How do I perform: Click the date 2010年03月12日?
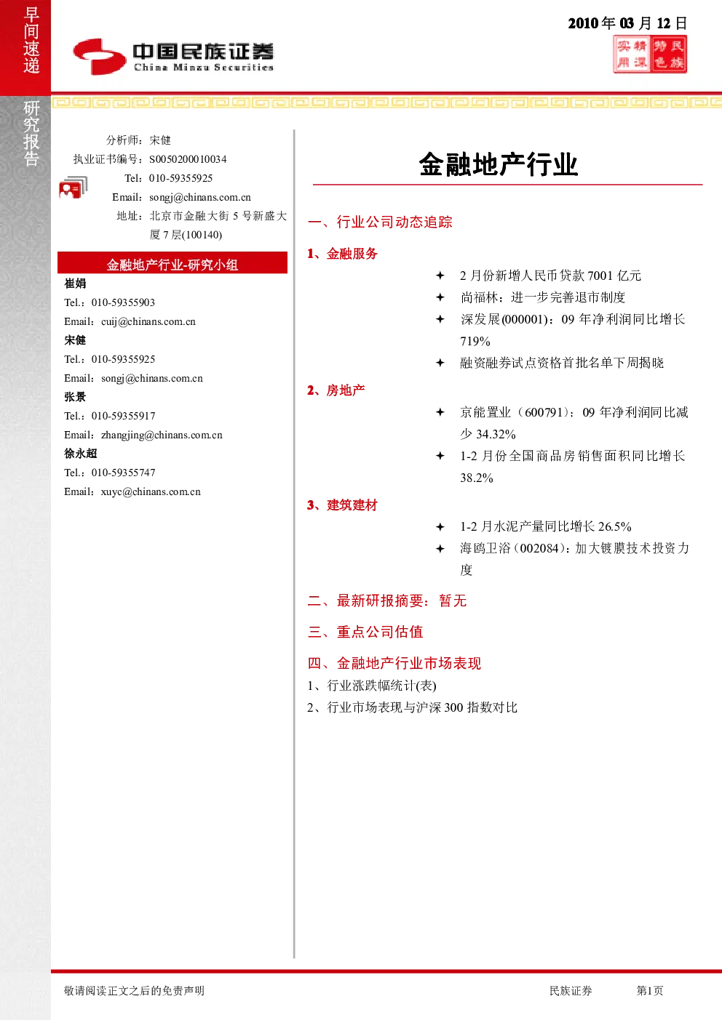(x=627, y=23)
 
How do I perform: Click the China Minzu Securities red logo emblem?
(x=100, y=57)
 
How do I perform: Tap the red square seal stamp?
(x=649, y=55)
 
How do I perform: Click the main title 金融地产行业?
(x=499, y=164)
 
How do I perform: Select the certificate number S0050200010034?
(x=188, y=159)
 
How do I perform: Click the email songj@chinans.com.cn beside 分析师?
(x=200, y=197)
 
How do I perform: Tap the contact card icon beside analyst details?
(x=73, y=188)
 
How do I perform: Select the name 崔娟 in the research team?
(x=75, y=284)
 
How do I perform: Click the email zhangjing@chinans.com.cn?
(x=162, y=435)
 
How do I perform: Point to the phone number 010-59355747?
(x=124, y=473)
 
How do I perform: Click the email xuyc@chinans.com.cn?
(x=151, y=491)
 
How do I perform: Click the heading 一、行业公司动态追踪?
(x=380, y=222)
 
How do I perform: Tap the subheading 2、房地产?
(x=336, y=390)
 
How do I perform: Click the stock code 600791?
(x=544, y=412)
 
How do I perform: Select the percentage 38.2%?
(x=476, y=478)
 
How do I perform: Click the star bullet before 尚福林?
(x=440, y=297)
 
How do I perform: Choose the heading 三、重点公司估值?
(x=365, y=632)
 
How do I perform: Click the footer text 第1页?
(x=649, y=990)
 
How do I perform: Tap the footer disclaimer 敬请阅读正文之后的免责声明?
(x=134, y=990)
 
